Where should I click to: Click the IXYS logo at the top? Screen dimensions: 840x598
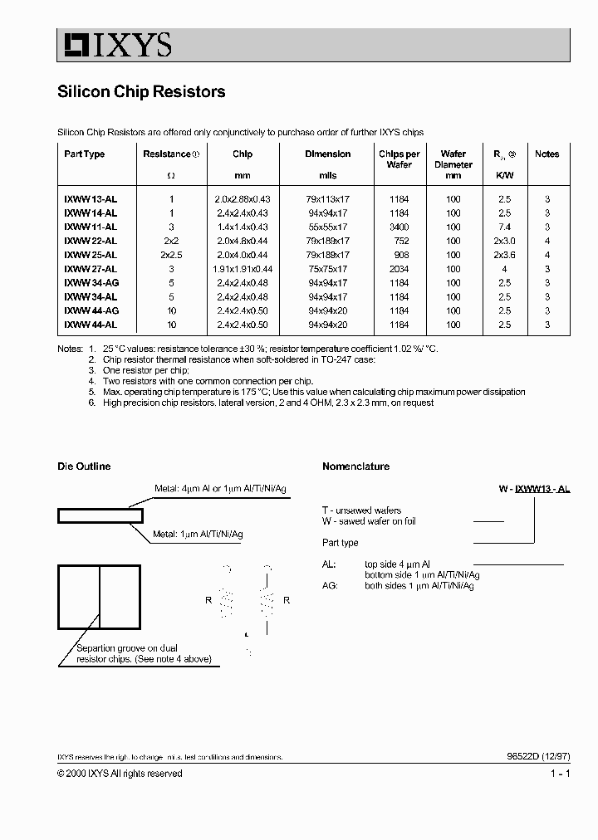click(115, 44)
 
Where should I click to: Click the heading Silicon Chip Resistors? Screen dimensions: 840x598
click(141, 92)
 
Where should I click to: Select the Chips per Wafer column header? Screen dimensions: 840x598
click(399, 159)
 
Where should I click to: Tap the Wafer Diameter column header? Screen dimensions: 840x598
click(453, 164)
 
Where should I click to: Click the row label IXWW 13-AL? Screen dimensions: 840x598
click(91, 199)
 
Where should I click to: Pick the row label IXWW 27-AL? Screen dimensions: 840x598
click(91, 269)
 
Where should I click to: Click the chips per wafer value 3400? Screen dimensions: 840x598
click(399, 227)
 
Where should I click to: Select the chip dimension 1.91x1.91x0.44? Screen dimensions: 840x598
click(243, 269)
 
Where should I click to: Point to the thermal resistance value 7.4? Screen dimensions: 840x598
click(504, 227)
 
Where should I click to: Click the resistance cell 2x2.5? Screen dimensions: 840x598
click(171, 255)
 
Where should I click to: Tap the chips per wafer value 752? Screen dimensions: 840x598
click(399, 241)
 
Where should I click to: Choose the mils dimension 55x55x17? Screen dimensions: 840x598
click(327, 227)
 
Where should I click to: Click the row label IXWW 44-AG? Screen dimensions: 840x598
click(91, 310)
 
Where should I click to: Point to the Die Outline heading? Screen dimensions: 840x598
click(83, 466)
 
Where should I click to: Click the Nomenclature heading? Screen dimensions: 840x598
click(355, 466)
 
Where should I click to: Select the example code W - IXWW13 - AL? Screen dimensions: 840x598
click(534, 490)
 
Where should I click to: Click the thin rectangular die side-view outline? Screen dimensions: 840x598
click(100, 516)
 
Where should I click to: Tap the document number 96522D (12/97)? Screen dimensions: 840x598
click(537, 757)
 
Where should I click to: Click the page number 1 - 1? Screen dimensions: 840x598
click(560, 774)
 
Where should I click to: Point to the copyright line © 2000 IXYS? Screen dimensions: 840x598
click(120, 774)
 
